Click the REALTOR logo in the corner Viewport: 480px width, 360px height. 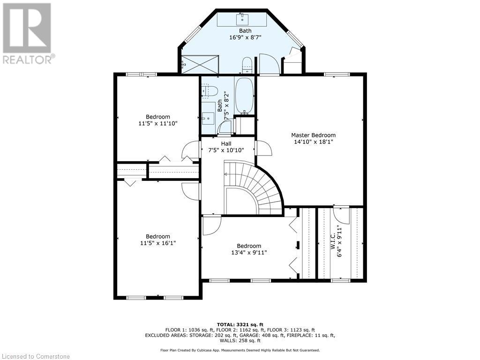click(28, 33)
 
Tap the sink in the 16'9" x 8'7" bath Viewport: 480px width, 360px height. click(242, 19)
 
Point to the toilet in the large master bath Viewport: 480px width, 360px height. click(247, 65)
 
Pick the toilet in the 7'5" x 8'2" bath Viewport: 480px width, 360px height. click(210, 90)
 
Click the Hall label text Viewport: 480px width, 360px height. click(226, 143)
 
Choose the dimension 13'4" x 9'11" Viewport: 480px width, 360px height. click(249, 253)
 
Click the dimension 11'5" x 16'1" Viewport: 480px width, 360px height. click(157, 243)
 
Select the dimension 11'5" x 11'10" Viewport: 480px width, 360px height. click(157, 123)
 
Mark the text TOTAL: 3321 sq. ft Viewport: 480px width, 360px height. click(240, 324)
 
